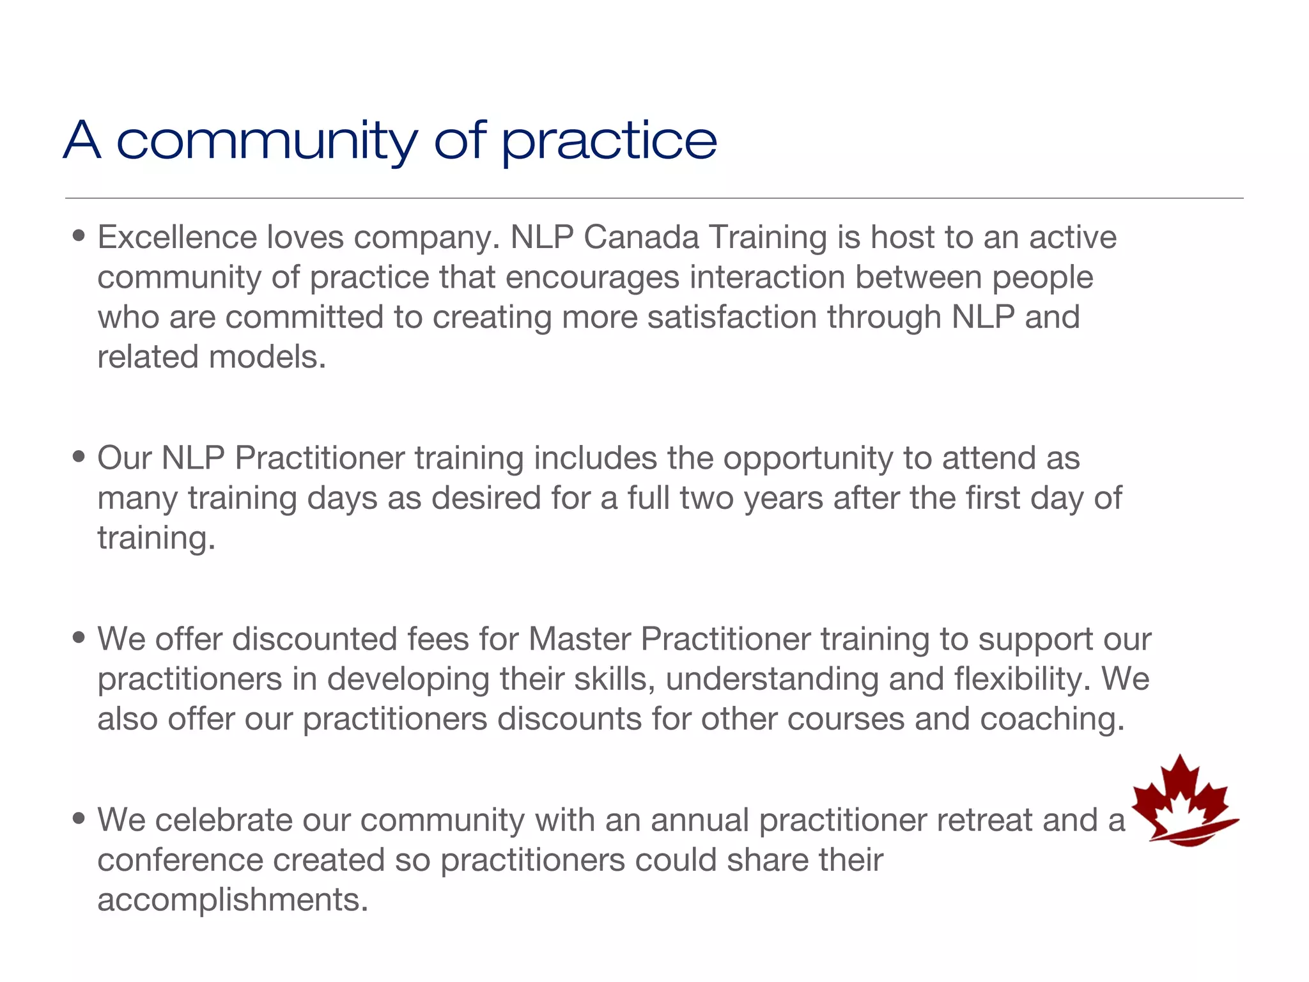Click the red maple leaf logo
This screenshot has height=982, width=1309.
click(x=1184, y=802)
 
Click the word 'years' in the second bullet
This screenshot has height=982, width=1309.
click(x=783, y=498)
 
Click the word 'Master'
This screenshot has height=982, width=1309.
click(x=580, y=639)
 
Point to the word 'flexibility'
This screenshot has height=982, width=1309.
click(x=1022, y=679)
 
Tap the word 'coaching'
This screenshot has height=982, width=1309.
click(x=1051, y=719)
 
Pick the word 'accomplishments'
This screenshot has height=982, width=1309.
click(x=232, y=900)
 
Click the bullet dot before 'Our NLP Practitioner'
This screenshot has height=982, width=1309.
click(x=79, y=457)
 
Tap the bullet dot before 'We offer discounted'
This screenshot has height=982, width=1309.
click(x=79, y=638)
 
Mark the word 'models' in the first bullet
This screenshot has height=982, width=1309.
click(x=267, y=357)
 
